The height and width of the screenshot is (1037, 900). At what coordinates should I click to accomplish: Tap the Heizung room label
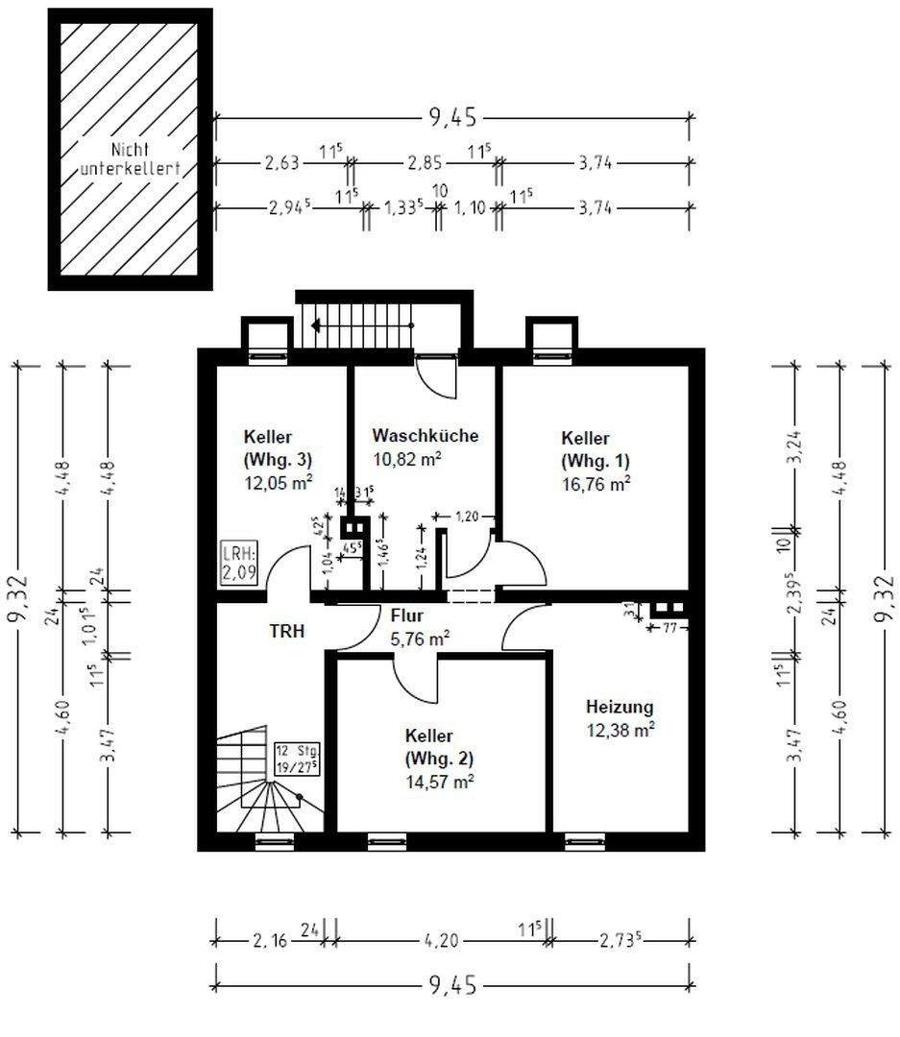pyautogui.click(x=620, y=707)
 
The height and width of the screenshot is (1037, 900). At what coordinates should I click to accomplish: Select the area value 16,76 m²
pyautogui.click(x=596, y=483)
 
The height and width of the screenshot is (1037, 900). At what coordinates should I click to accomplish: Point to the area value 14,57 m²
pyautogui.click(x=439, y=782)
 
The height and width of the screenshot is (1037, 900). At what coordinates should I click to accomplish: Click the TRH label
pyautogui.click(x=287, y=632)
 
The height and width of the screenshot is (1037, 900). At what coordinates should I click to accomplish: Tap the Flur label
pyautogui.click(x=406, y=615)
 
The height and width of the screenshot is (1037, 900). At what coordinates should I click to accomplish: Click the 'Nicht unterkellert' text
pyautogui.click(x=130, y=159)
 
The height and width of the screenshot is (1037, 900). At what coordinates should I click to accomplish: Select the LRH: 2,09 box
pyautogui.click(x=239, y=564)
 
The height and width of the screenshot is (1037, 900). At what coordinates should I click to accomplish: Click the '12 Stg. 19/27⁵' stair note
pyautogui.click(x=298, y=759)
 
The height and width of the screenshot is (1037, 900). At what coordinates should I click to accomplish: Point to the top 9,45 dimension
pyautogui.click(x=453, y=118)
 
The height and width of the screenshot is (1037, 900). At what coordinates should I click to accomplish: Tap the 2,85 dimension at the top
pyautogui.click(x=425, y=162)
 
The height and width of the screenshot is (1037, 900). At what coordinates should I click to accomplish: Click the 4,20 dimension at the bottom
pyautogui.click(x=441, y=940)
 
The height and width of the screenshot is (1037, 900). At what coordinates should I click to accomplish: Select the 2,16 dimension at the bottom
pyautogui.click(x=270, y=940)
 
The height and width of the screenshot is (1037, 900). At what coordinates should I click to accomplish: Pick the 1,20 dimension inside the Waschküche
pyautogui.click(x=467, y=516)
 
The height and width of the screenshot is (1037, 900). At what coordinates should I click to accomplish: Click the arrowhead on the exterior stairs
pyautogui.click(x=316, y=325)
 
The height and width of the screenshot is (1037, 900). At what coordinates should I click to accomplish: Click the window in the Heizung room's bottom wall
pyautogui.click(x=585, y=841)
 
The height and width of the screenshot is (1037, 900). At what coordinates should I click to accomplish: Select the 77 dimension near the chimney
pyautogui.click(x=669, y=627)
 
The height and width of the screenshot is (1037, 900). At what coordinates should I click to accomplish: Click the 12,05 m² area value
pyautogui.click(x=279, y=482)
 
